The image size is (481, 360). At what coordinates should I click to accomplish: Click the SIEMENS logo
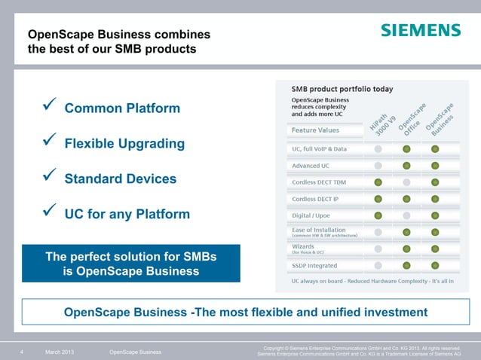420,30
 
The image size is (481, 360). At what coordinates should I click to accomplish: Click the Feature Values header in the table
315,130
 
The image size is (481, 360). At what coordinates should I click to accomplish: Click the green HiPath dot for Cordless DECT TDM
378,182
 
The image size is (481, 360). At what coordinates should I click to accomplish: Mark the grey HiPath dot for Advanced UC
378,166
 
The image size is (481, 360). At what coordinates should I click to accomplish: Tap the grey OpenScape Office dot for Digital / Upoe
406,216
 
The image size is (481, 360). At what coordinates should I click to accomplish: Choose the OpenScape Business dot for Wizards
435,249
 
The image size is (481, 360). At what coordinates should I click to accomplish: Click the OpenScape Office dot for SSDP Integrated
406,266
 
